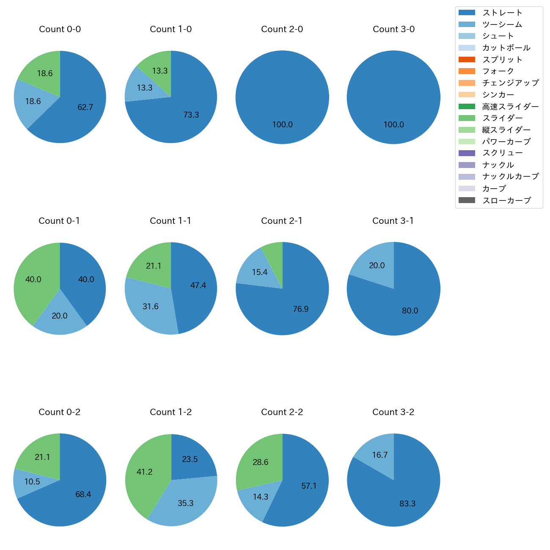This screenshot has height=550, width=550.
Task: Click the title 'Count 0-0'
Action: coord(60,29)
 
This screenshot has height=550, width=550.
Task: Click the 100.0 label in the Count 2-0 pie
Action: coord(282,125)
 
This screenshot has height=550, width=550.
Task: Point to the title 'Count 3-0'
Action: coord(393,29)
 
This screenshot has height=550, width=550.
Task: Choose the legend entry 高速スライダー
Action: coord(510,107)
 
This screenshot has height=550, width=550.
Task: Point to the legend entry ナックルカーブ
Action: coord(510,177)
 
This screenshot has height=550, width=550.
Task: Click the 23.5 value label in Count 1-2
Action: coord(190,459)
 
